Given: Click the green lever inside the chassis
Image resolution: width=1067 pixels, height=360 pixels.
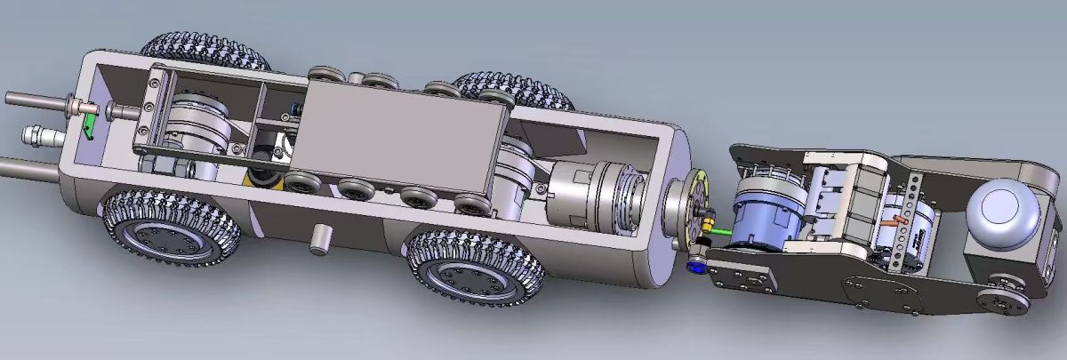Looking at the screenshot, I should pos(89,127).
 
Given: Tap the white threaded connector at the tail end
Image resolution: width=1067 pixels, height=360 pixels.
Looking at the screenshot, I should pos(41,138).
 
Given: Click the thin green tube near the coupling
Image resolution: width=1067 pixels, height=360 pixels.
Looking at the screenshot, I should pos(719,232).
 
